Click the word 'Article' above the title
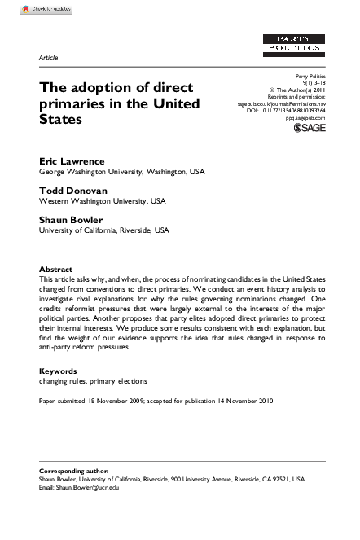coord(49,58)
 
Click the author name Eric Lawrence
coord(71,161)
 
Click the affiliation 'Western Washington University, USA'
coord(103,201)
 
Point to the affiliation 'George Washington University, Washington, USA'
coord(123,172)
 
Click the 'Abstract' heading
coord(56,270)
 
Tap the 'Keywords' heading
coord(59,371)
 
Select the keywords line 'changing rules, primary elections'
coord(93,380)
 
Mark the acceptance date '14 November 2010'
coord(243,401)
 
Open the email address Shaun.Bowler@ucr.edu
coord(88,488)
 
